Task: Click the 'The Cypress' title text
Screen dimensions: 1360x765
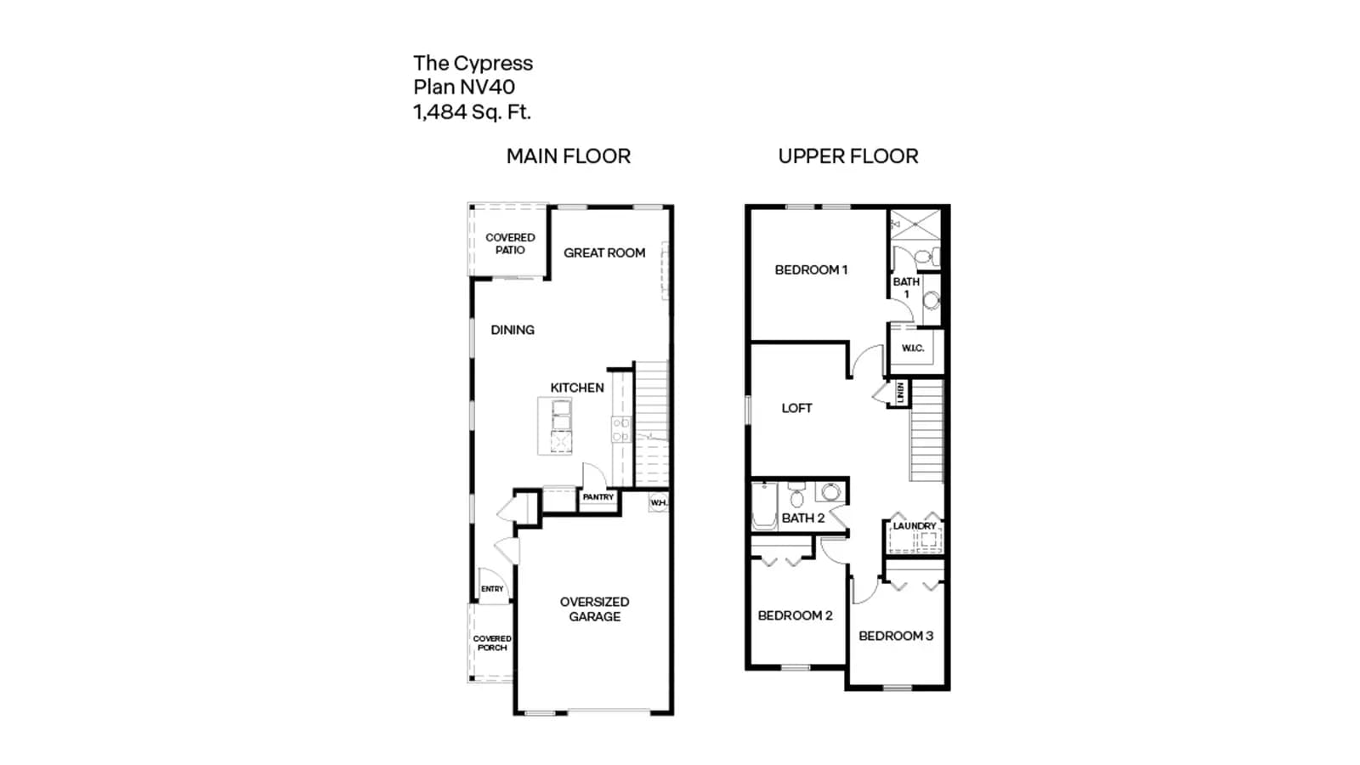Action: [x=473, y=64]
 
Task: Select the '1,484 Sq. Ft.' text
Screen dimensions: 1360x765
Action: [x=473, y=112]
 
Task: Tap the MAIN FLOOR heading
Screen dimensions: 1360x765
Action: [x=569, y=156]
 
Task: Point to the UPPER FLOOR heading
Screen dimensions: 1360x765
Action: [x=848, y=156]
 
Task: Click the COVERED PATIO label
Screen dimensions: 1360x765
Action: [x=510, y=243]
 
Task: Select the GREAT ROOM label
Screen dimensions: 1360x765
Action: [x=604, y=253]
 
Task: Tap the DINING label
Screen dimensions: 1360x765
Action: [x=513, y=331]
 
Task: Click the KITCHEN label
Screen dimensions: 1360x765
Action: [x=577, y=388]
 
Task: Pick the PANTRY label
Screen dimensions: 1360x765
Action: [x=598, y=497]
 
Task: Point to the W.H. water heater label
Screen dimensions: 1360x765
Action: [x=659, y=502]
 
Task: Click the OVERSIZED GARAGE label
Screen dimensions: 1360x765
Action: [x=594, y=609]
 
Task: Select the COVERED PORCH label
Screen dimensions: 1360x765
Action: [x=492, y=643]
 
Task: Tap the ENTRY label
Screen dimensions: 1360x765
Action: [x=492, y=589]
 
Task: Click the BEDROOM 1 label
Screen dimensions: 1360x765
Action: [x=811, y=270]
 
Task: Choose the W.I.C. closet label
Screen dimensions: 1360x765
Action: [x=913, y=348]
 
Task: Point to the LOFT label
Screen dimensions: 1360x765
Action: [x=796, y=409]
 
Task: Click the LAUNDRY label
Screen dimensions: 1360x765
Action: [x=915, y=526]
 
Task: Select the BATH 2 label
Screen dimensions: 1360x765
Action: [x=802, y=518]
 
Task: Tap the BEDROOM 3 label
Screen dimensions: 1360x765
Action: [x=896, y=637]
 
